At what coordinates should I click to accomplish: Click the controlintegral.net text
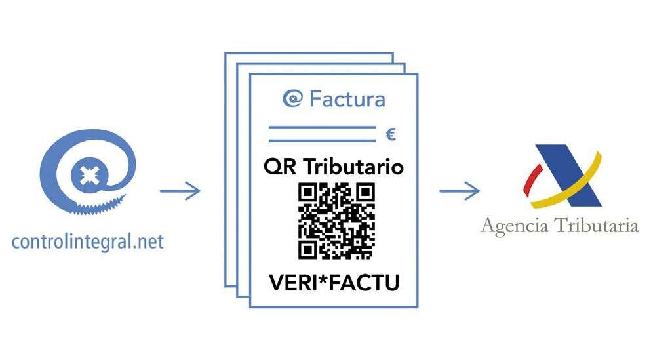(x=87, y=242)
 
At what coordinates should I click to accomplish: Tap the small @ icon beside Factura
(x=292, y=99)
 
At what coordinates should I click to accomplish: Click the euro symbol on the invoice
(x=391, y=136)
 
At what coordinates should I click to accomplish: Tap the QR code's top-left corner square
(x=308, y=193)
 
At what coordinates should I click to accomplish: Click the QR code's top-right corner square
(x=365, y=193)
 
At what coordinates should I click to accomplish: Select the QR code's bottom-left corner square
(x=308, y=249)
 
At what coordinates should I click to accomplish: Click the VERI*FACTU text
(x=334, y=283)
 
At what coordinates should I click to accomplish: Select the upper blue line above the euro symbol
(x=322, y=129)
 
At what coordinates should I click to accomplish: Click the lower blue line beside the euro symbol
(x=322, y=140)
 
